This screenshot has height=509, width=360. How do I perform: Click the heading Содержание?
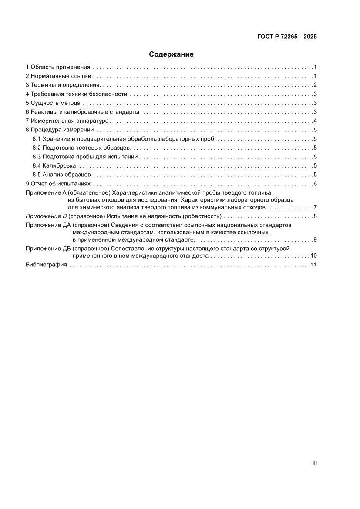pos(171,54)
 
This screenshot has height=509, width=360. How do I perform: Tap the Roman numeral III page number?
pos(314,463)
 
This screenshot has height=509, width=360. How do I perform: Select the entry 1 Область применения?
pos(58,67)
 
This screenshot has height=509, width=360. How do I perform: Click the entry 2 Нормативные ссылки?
pos(58,76)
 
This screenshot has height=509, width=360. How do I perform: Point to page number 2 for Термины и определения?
pos(314,85)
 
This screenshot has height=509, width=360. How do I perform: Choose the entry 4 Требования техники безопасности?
pos(76,94)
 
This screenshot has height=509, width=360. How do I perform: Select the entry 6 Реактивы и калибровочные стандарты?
pos(82,112)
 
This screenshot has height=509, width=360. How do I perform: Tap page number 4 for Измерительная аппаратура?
pos(314,121)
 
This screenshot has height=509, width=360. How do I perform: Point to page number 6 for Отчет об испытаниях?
pos(314,184)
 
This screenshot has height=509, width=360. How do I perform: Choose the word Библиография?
pos(46,265)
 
